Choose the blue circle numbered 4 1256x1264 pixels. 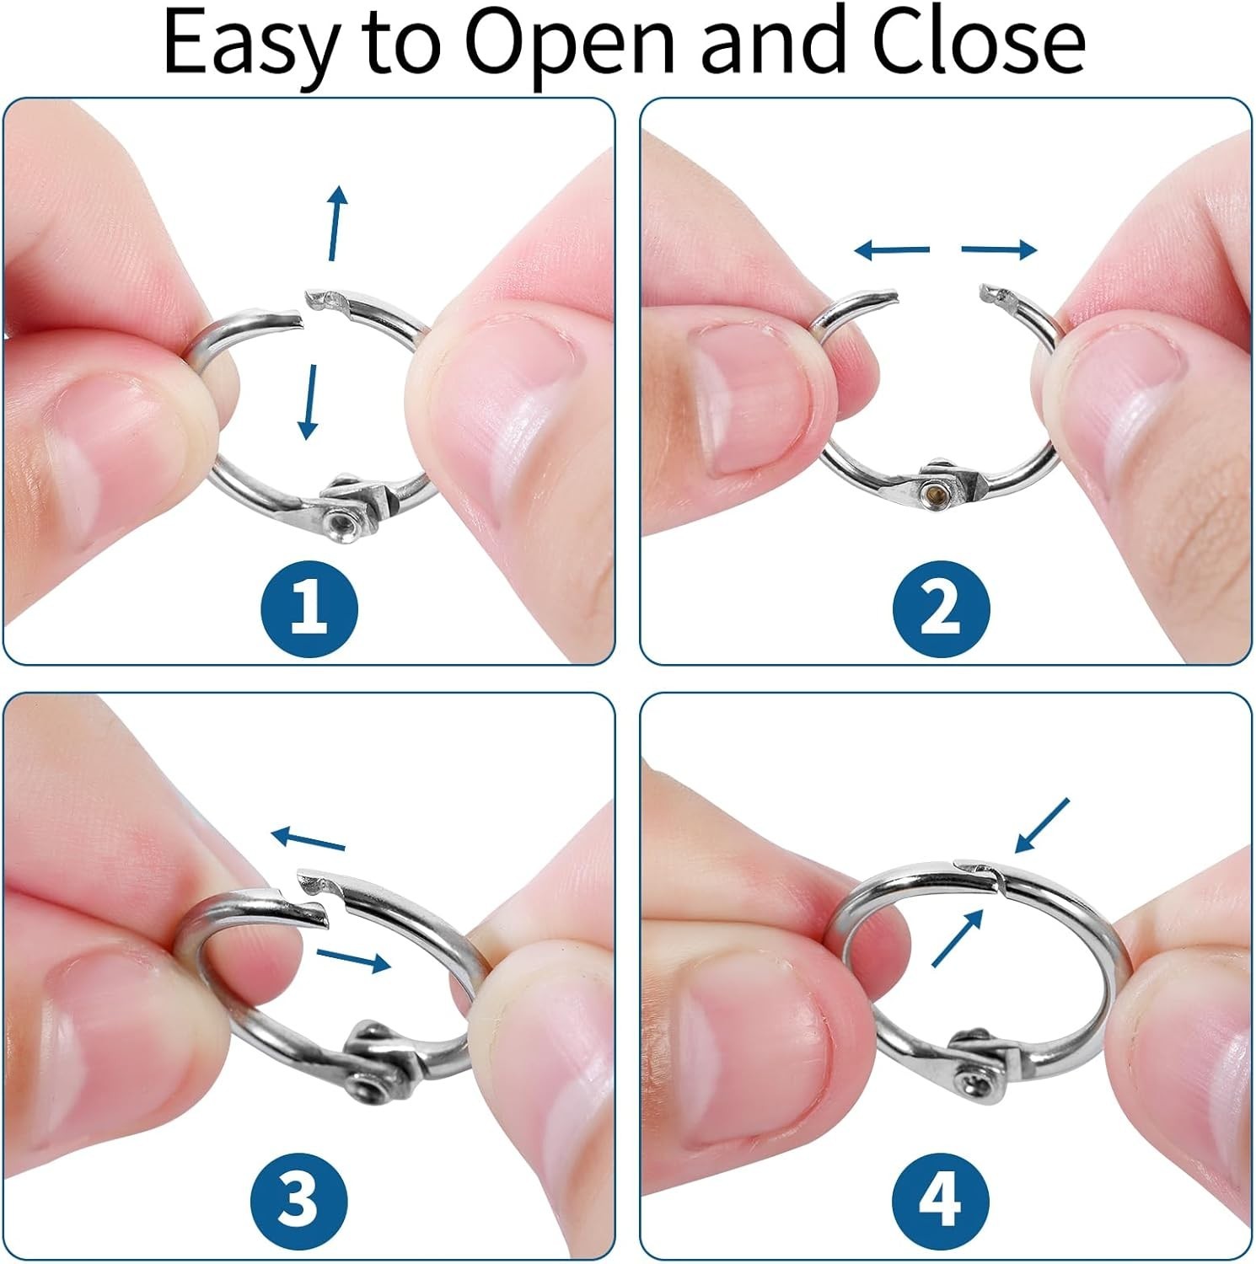coord(941,1199)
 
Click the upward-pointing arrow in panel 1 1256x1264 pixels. coord(336,223)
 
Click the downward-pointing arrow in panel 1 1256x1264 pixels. coord(310,401)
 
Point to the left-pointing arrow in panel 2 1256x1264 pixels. coord(891,249)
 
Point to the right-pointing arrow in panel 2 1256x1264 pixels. coord(1000,249)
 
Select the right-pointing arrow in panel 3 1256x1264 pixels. coord(354,960)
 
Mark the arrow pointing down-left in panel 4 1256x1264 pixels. coord(1043,826)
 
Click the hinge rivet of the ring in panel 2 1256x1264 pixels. coord(931,490)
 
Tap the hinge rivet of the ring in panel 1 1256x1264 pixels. coord(342,526)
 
